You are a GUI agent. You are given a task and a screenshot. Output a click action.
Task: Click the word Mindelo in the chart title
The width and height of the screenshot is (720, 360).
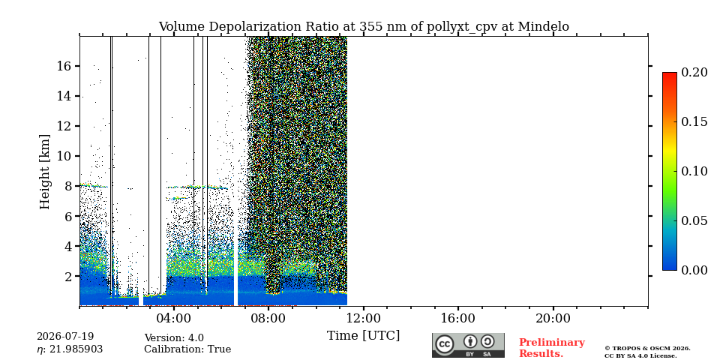[543, 27]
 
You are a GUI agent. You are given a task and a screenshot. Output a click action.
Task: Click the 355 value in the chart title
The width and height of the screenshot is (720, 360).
[370, 27]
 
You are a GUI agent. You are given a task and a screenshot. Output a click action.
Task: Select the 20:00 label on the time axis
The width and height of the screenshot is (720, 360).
[553, 318]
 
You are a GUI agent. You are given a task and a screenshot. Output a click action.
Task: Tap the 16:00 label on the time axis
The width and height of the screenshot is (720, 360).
[458, 318]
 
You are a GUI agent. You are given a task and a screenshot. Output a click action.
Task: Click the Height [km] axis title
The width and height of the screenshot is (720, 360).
[44, 172]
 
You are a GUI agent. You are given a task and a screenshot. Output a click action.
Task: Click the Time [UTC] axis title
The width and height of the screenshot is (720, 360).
[363, 336]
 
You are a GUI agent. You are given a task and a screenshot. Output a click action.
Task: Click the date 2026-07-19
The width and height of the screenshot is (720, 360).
[65, 337]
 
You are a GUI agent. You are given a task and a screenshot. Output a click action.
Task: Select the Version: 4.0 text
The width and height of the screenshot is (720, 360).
[174, 338]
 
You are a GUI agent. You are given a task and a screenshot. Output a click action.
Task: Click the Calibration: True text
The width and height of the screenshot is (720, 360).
[187, 349]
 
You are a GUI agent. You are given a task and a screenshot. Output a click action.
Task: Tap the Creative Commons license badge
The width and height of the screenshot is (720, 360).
[468, 345]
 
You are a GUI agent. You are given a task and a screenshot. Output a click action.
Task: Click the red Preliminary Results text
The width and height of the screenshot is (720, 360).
[552, 348]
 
